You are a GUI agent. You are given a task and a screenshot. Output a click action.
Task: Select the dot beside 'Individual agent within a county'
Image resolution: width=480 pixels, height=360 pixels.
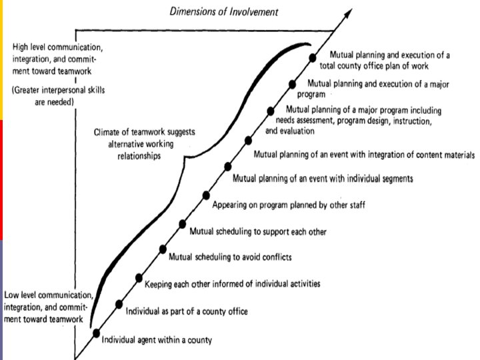97,333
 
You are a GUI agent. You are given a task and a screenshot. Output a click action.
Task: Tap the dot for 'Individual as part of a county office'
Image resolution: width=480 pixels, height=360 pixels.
119,304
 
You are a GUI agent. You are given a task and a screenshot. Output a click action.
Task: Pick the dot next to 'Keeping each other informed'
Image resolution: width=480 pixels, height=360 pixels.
139,277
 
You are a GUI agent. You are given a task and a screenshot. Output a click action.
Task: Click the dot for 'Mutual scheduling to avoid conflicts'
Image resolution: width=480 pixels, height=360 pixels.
163,249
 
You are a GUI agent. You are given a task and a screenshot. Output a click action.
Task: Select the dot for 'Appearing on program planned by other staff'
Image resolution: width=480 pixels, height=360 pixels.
206,197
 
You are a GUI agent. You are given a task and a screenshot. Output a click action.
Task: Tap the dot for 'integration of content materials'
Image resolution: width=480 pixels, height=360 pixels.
249,140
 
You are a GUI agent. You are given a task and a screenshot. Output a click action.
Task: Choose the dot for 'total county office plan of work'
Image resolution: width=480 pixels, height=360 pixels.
313,58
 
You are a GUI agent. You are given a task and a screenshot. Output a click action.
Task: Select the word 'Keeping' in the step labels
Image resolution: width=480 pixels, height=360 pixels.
161,284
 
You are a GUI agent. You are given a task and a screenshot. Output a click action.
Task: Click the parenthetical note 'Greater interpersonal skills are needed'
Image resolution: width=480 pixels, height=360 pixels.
43,96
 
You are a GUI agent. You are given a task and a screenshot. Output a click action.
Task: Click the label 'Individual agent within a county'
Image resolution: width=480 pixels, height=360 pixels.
157,341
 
